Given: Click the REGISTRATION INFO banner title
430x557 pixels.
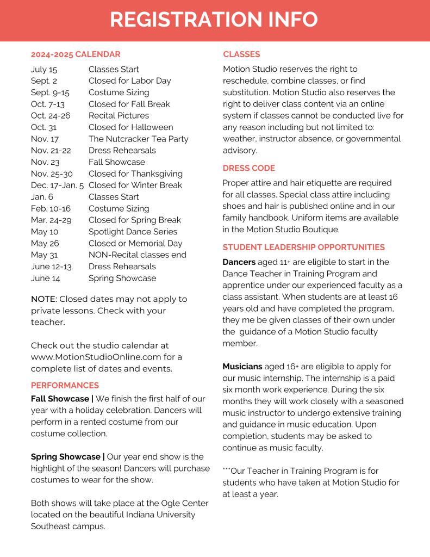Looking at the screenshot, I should click(214, 20).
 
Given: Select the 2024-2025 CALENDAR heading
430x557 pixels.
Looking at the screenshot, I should click(76, 54).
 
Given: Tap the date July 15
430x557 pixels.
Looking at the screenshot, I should click(44, 69).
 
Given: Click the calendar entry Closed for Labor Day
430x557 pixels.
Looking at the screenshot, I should click(129, 81).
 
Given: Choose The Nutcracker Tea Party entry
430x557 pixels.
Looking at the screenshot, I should click(138, 139).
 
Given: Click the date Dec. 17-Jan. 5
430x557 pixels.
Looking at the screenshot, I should click(57, 185).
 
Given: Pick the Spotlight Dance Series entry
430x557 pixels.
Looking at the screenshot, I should click(133, 232).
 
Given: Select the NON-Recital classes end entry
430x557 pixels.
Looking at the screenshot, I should click(137, 255).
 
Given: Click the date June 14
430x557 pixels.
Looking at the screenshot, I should click(46, 278).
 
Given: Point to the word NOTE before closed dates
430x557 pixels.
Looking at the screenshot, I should click(43, 299).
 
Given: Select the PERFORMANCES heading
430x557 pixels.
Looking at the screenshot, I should click(65, 386).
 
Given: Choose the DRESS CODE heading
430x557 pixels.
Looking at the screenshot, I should click(249, 168).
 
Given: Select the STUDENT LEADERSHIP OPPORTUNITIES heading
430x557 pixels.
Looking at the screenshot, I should click(304, 247).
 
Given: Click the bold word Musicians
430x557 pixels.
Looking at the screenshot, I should click(242, 367).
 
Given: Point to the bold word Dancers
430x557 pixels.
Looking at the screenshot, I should click(239, 262).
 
